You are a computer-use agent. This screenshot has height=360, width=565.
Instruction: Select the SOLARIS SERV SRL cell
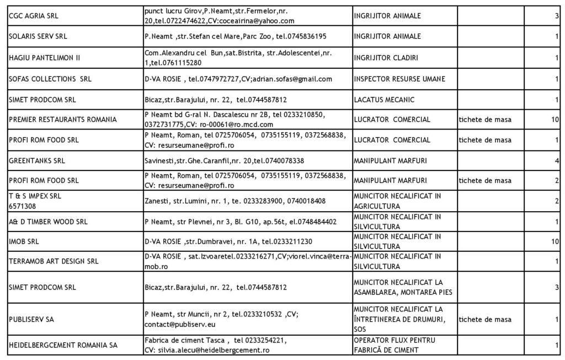coord(38,36)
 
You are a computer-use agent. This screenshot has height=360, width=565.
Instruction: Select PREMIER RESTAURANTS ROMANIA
coord(63,120)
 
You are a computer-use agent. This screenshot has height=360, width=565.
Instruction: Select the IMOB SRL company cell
coord(24,241)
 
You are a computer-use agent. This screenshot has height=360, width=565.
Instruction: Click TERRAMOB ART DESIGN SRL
coord(54,261)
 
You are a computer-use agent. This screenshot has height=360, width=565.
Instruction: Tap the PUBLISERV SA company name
coord(31,319)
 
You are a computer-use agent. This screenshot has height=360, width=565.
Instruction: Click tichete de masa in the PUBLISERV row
coord(484,319)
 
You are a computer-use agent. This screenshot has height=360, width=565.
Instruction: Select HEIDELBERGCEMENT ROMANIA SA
coord(63,346)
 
